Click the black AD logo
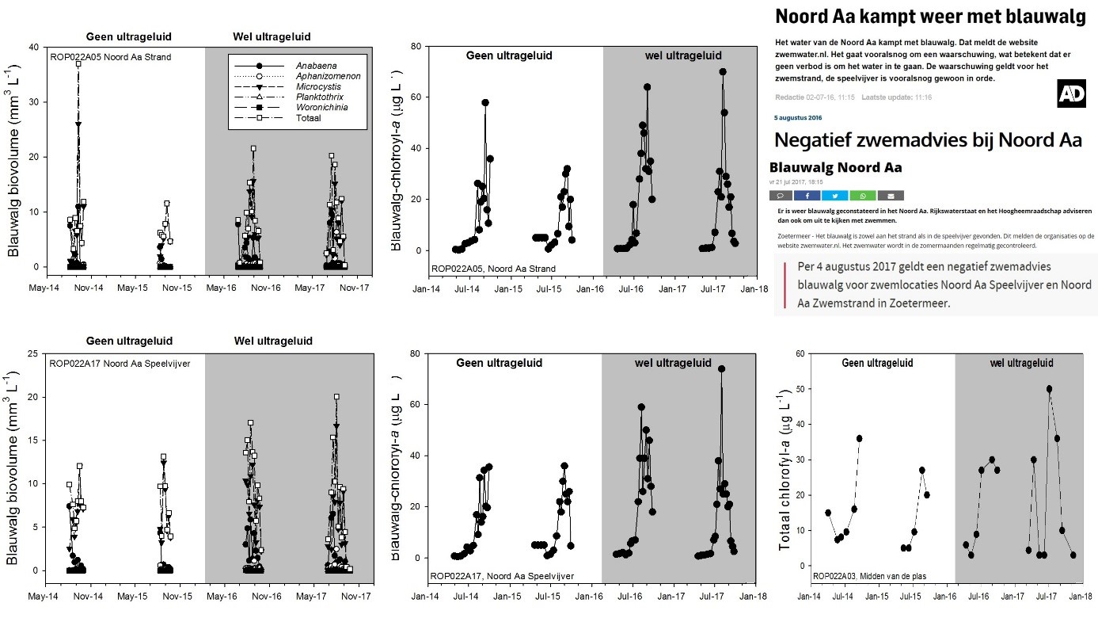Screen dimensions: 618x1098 tap(1071, 93)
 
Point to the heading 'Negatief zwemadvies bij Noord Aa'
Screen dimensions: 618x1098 tap(928, 140)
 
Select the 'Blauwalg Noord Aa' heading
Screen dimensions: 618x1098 tap(835, 167)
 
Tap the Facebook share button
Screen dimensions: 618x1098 tap(807, 195)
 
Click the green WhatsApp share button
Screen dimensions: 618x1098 tap(863, 195)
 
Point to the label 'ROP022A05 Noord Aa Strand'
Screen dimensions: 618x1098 tap(110, 57)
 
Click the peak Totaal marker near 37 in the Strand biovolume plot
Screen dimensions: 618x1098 tap(78, 63)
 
